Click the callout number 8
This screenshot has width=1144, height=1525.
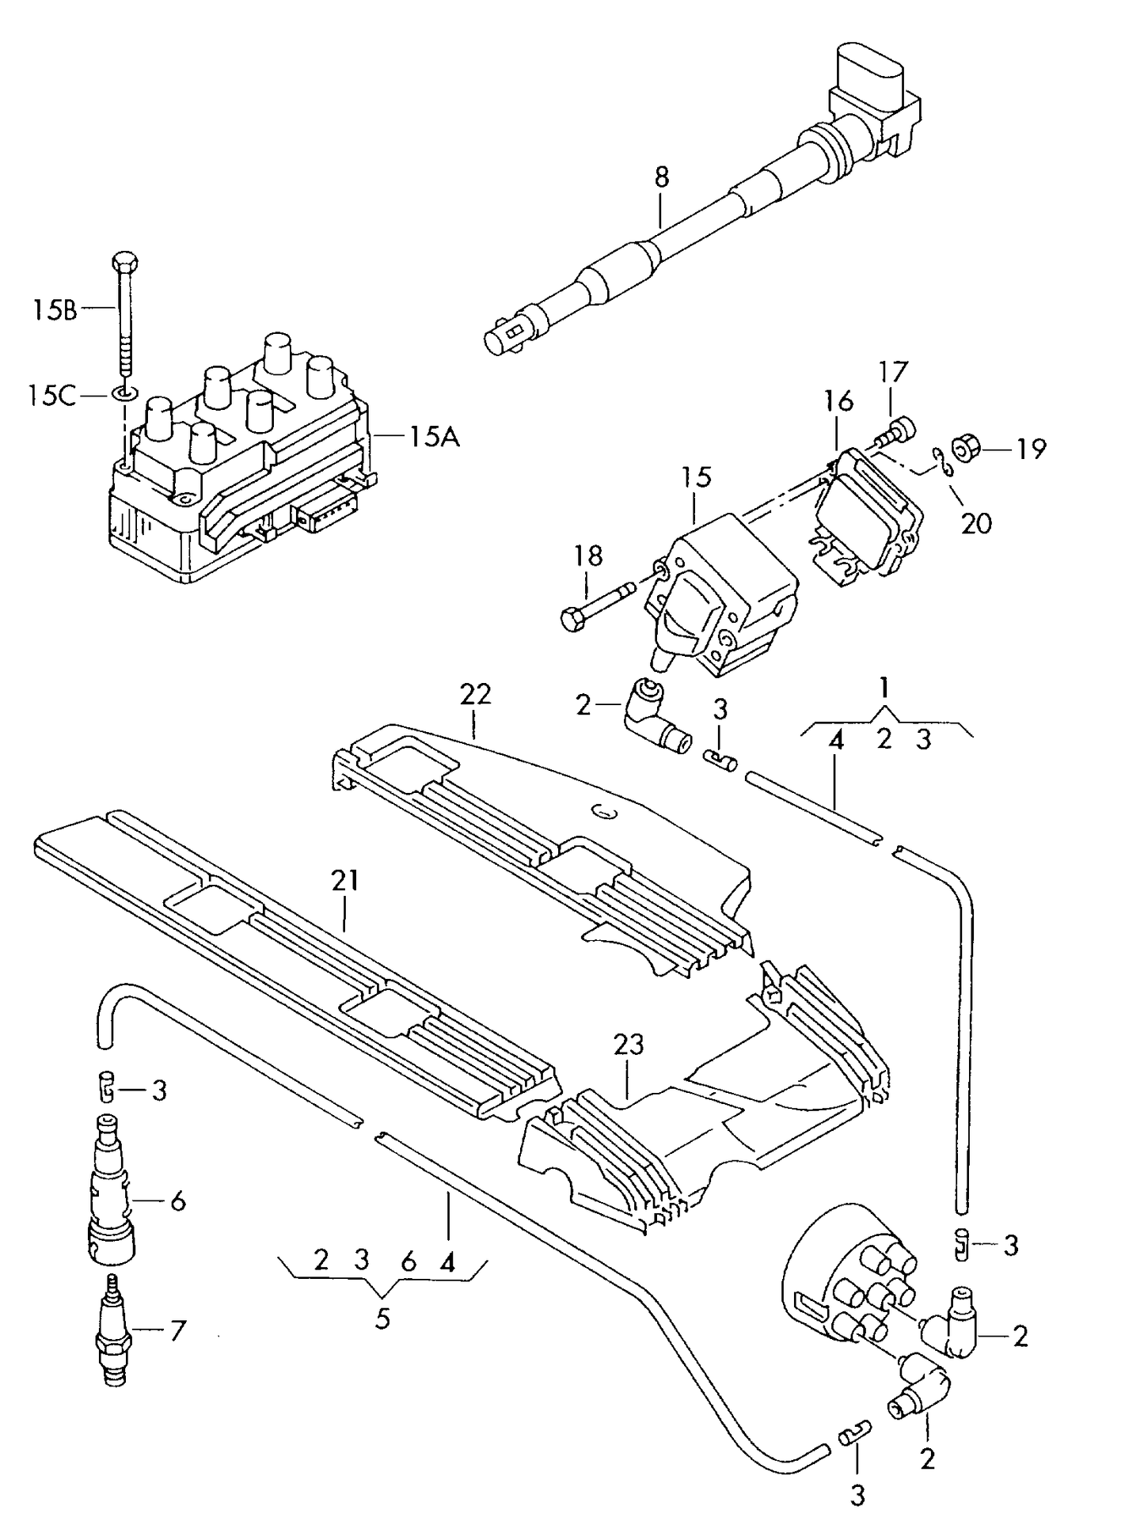pos(662,176)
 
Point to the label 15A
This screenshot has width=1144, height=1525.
pos(434,436)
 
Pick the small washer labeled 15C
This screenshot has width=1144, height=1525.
pos(124,393)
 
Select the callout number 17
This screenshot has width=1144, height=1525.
pos(892,373)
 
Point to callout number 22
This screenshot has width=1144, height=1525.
pos(475,694)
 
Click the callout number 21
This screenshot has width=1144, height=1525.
pos(344,880)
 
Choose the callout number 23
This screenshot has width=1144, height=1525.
pos(629,1045)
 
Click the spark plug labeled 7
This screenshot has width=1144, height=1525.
pos(112,1331)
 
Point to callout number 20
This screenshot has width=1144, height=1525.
pos(976,523)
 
